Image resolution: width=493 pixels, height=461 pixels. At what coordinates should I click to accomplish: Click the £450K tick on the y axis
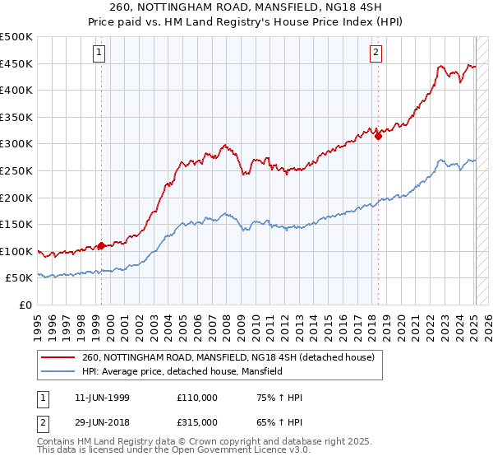(16, 63)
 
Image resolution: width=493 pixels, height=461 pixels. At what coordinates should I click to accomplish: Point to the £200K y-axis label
(16, 198)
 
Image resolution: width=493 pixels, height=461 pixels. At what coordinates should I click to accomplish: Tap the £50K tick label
(20, 278)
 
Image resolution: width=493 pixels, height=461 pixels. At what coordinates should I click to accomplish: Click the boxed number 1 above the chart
(99, 54)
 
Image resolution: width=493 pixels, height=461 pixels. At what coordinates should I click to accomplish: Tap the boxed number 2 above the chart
(376, 54)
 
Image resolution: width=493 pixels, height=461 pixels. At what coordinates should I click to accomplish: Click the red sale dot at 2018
(378, 137)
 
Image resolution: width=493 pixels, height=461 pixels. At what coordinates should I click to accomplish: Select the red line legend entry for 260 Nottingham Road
(228, 357)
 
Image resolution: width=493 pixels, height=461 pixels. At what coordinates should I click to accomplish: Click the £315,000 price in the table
(197, 422)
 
